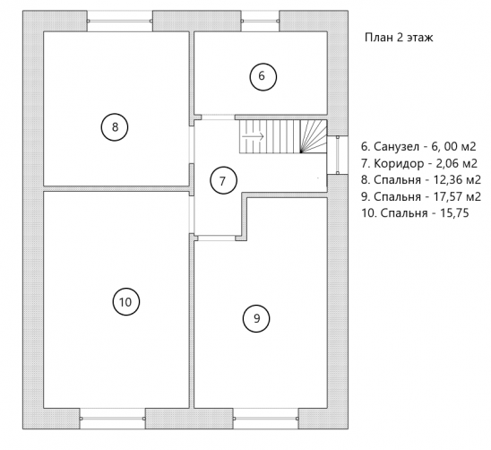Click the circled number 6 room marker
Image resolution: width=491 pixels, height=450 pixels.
pyautogui.click(x=263, y=77)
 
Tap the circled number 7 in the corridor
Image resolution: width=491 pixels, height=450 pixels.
pyautogui.click(x=223, y=181)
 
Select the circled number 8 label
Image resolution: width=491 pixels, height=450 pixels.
pyautogui.click(x=115, y=127)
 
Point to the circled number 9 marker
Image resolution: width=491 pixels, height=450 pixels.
pyautogui.click(x=256, y=318)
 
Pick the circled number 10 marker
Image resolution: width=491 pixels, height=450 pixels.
pyautogui.click(x=125, y=302)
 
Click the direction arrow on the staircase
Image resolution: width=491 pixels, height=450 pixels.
pyautogui.click(x=254, y=136)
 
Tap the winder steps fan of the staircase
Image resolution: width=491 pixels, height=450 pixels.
pyautogui.click(x=314, y=136)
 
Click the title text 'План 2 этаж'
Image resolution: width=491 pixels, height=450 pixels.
pyautogui.click(x=399, y=38)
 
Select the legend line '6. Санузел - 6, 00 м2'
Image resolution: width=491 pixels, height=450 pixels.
pyautogui.click(x=418, y=147)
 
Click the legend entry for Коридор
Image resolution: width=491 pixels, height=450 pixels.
pyautogui.click(x=419, y=163)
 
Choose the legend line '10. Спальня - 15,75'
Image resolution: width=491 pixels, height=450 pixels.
pyautogui.click(x=415, y=213)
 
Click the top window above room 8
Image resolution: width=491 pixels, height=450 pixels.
pyautogui.click(x=120, y=21)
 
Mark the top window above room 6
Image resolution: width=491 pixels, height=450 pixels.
pyautogui.click(x=260, y=21)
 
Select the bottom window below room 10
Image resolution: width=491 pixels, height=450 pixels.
pyautogui.click(x=112, y=419)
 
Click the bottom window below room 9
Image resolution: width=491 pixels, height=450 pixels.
pyautogui.click(x=265, y=419)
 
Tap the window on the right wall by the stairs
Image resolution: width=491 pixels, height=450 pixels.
pyautogui.click(x=338, y=155)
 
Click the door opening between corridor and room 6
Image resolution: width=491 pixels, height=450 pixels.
pyautogui.click(x=218, y=117)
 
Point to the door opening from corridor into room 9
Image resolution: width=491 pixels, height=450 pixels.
pyautogui.click(x=217, y=238)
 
